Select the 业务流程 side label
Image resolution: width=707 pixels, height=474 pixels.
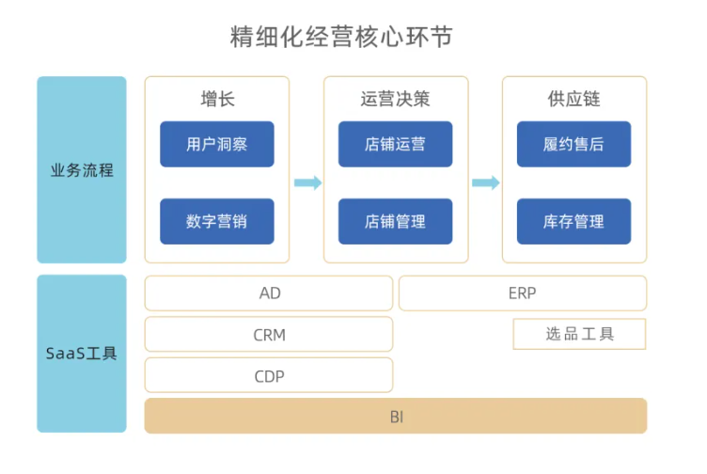(x=82, y=170)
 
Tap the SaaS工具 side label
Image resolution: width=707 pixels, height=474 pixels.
(x=82, y=354)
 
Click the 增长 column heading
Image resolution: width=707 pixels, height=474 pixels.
(x=217, y=99)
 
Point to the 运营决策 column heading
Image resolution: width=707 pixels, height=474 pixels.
(x=395, y=99)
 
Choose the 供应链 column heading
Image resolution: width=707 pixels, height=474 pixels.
(x=573, y=99)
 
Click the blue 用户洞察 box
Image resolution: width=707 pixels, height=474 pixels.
(x=217, y=144)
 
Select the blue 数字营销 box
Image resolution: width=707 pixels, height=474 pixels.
(x=217, y=221)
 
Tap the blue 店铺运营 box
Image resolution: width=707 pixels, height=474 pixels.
(x=395, y=144)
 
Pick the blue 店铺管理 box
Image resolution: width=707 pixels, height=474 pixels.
(x=395, y=221)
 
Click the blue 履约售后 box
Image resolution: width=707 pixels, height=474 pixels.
(x=573, y=144)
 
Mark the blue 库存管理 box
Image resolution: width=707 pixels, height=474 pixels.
(x=573, y=221)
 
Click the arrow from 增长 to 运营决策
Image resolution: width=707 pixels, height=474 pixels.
(x=307, y=182)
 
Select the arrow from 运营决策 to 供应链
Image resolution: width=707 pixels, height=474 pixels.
(x=485, y=182)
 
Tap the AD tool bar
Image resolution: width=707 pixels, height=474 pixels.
(x=269, y=293)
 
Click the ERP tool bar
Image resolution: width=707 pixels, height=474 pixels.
(x=523, y=293)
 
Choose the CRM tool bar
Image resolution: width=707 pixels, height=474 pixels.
(x=269, y=334)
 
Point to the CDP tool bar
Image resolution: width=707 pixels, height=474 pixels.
(x=269, y=375)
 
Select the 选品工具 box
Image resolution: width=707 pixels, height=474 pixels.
(x=579, y=334)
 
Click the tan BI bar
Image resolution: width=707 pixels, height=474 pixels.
(x=396, y=416)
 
